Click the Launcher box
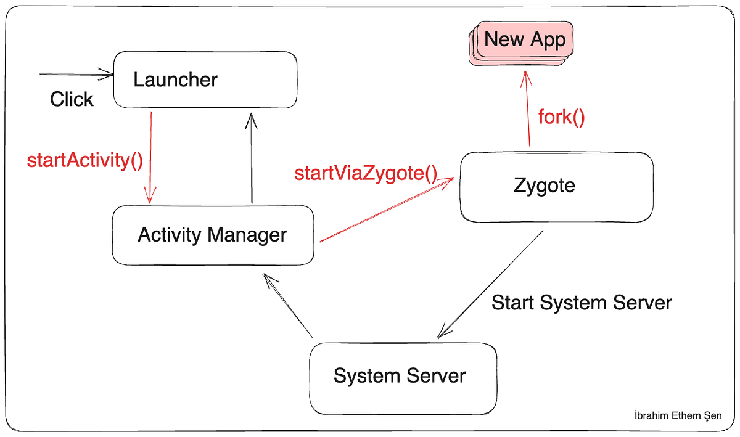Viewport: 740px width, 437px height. click(x=205, y=80)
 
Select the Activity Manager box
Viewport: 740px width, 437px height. click(x=213, y=235)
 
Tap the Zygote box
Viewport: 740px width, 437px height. click(x=556, y=186)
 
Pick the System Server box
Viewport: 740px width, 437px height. click(x=402, y=377)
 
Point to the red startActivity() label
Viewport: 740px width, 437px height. click(x=85, y=161)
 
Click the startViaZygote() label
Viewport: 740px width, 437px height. click(x=366, y=173)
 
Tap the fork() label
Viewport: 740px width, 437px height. click(x=561, y=116)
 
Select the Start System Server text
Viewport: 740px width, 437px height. click(x=581, y=303)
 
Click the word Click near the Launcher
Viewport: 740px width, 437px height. click(x=72, y=99)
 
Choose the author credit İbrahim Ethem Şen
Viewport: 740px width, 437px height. click(x=678, y=415)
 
